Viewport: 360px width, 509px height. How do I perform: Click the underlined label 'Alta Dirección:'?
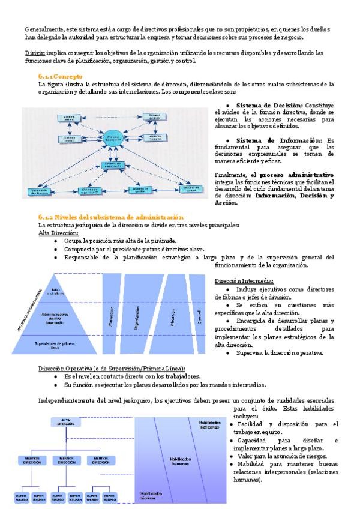tap(58, 233)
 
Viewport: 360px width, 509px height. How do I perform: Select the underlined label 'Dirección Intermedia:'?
tap(244, 281)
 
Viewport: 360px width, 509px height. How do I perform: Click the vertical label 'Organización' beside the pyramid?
tap(137, 313)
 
